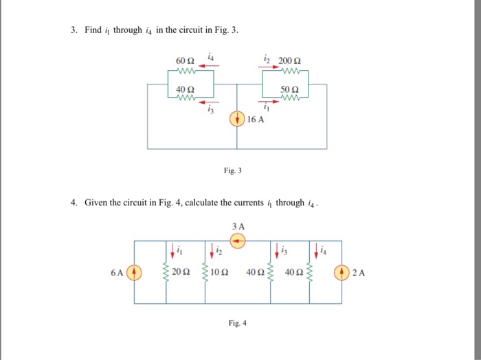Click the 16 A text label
(x=256, y=119)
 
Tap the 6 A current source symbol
(x=135, y=272)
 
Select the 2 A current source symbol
(x=342, y=272)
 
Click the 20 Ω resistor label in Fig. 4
(x=181, y=272)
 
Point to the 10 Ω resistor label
(x=220, y=272)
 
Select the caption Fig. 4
(x=236, y=322)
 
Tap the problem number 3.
(x=74, y=30)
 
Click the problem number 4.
(x=74, y=203)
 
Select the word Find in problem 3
(x=93, y=30)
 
